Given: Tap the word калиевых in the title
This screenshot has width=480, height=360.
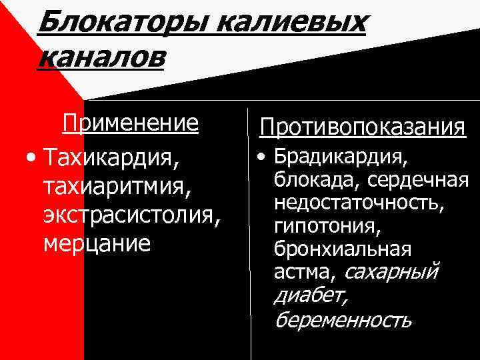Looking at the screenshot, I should (293, 24).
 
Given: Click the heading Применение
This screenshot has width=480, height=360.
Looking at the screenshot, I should (131, 123).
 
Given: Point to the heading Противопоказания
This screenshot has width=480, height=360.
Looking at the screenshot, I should (363, 127).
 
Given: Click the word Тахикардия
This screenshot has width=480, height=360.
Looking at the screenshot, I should (109, 159).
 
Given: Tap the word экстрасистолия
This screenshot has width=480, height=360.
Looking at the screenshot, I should (129, 216).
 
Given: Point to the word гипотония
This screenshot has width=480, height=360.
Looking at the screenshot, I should (327, 226).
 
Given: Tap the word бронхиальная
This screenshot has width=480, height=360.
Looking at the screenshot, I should (343, 249).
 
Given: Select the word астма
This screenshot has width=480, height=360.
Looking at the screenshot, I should (304, 271).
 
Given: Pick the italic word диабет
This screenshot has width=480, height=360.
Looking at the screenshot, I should (311, 295).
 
